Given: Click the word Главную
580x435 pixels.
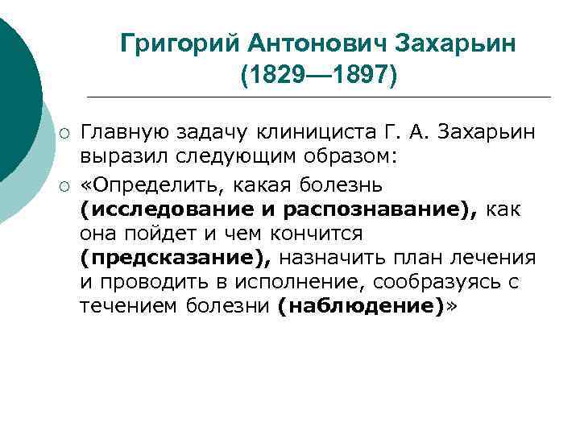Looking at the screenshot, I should pyautogui.click(x=122, y=131).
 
